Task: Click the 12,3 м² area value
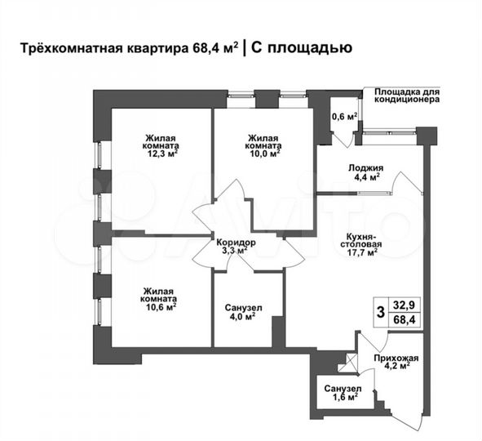tap(161, 152)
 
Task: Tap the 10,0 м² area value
tap(264, 152)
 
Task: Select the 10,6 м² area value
tap(161, 308)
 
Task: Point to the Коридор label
tap(237, 243)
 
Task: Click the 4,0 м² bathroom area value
tap(243, 318)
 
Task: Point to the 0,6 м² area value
tap(345, 116)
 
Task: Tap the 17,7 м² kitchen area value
tap(360, 253)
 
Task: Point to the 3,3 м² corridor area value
tap(237, 252)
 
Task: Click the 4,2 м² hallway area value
tap(396, 367)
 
